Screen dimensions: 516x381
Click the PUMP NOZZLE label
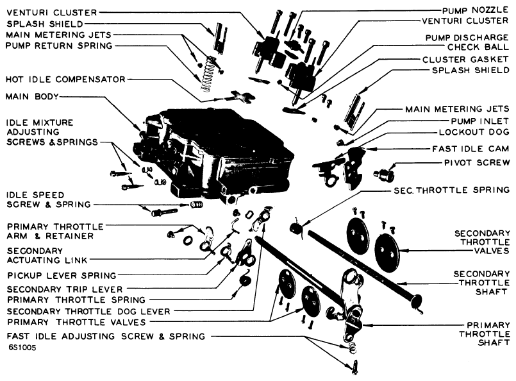coord(476,10)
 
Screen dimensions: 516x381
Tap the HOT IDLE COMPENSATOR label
coord(65,80)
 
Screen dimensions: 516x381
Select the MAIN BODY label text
coord(32,96)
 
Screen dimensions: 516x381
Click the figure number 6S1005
coord(21,348)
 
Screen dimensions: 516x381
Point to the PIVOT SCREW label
coord(476,163)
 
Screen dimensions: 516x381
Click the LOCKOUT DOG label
coord(474,132)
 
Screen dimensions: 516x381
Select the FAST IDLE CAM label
coord(470,149)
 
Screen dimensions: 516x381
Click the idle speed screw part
coord(165,212)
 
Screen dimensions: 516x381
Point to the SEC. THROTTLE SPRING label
coord(451,190)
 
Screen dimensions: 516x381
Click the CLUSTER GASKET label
coord(465,60)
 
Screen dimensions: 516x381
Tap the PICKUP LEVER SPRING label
coord(62,275)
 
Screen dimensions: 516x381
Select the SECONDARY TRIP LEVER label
coord(65,289)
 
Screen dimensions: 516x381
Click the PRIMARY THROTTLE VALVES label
coord(76,322)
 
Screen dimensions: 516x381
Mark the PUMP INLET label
coord(480,121)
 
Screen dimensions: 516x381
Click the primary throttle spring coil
coord(245,281)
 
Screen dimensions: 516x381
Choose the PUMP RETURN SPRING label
coord(59,46)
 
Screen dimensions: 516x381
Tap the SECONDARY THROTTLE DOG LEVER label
coord(88,311)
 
